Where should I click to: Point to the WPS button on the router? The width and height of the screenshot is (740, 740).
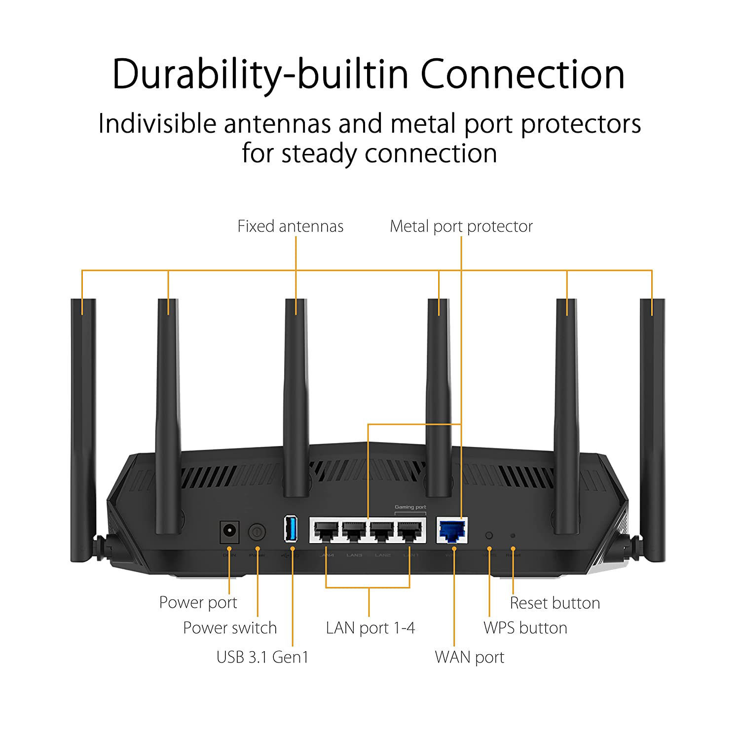click(x=489, y=535)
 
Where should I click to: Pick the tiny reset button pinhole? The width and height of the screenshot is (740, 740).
click(x=513, y=535)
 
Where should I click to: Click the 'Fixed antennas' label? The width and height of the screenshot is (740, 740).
click(x=290, y=226)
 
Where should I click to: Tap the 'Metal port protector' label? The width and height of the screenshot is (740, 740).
click(x=461, y=226)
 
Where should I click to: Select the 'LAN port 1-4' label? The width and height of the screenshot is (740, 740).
click(x=370, y=628)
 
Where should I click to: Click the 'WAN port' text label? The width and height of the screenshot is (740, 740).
click(x=470, y=657)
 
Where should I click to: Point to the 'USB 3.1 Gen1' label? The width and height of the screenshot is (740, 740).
click(x=262, y=657)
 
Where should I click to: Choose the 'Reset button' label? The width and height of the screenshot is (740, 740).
click(x=555, y=603)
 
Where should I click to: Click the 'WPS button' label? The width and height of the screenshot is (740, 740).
click(x=525, y=628)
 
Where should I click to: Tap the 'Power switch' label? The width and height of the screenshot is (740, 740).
click(x=230, y=628)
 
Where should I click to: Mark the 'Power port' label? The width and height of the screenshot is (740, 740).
click(x=198, y=602)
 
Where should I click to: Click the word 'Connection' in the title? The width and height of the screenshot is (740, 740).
click(x=522, y=74)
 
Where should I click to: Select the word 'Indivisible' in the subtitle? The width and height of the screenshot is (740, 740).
click(x=157, y=123)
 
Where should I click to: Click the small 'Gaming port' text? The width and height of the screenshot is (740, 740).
click(x=410, y=507)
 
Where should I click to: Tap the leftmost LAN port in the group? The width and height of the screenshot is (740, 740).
click(x=326, y=531)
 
